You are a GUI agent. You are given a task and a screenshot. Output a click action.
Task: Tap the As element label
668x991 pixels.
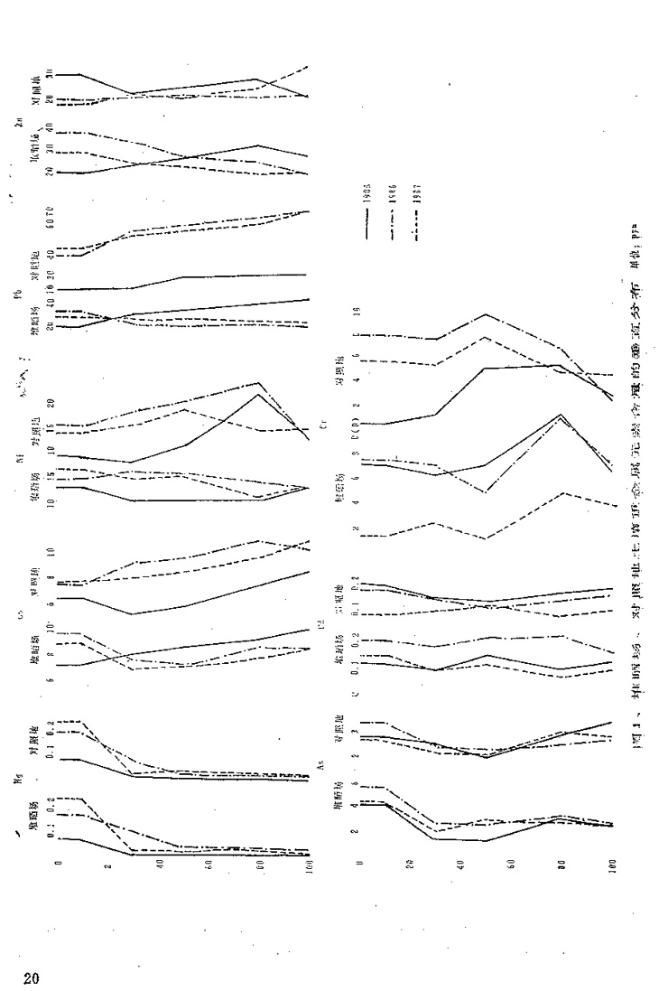coord(321,765)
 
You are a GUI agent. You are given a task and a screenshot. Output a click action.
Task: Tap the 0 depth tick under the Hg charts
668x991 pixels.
coord(58,865)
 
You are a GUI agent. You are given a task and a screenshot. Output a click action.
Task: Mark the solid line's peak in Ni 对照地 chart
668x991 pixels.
coord(258,395)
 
